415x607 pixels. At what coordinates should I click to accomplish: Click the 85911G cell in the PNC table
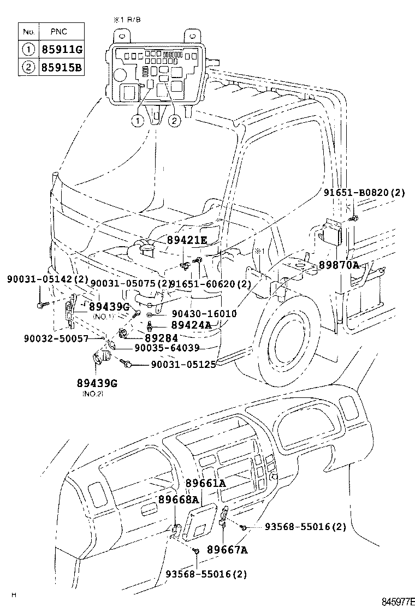[61, 50]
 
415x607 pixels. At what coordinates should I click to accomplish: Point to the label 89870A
[339, 265]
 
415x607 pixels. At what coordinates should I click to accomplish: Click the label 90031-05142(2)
[48, 279]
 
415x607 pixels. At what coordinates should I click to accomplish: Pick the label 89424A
[191, 325]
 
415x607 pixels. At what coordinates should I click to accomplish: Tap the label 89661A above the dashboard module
[205, 483]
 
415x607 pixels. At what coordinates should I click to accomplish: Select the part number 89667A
[227, 550]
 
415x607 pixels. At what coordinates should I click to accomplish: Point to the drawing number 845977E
[398, 602]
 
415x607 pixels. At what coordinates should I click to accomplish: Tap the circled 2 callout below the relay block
[174, 121]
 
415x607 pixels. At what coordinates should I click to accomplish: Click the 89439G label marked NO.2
[97, 384]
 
